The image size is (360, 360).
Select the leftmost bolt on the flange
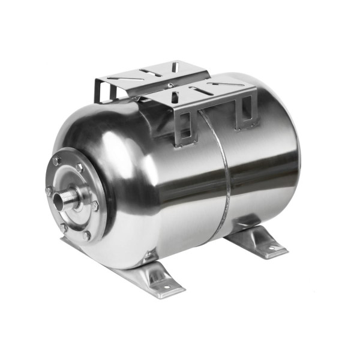(49, 191)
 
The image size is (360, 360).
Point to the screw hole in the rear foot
(269, 247)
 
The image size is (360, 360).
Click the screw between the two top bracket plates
(170, 85)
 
